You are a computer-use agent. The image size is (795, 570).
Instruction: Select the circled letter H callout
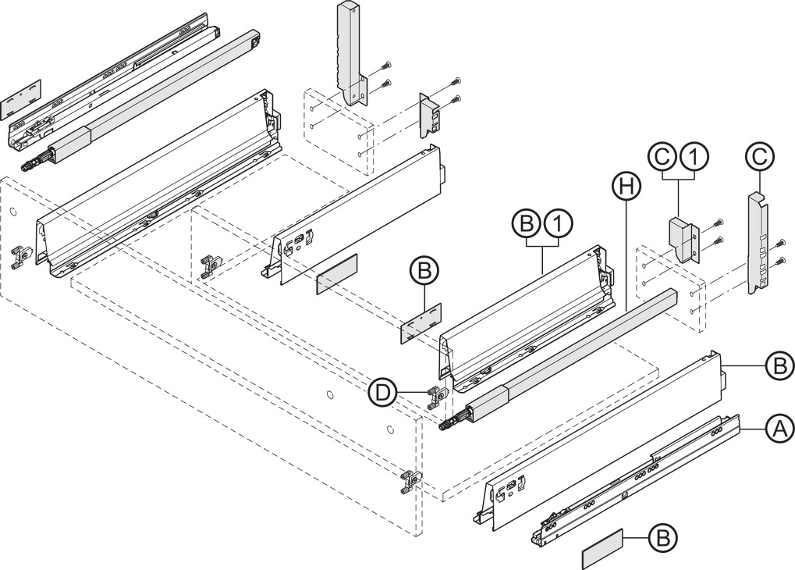626,187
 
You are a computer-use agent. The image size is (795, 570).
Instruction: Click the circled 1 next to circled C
695,158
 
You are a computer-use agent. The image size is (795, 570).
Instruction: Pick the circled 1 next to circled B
558,223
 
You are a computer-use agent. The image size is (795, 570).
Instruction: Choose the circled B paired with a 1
527,223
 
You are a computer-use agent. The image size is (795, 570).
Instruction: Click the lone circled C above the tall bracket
760,158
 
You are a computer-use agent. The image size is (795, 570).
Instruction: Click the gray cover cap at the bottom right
602,549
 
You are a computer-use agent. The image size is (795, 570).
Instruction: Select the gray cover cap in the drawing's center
337,273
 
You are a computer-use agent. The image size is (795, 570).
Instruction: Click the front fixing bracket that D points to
437,398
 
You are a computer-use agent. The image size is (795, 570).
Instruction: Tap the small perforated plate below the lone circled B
421,324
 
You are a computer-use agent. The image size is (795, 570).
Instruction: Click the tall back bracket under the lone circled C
758,241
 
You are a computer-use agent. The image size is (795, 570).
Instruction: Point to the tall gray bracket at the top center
350,53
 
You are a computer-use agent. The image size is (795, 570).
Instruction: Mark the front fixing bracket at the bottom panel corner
410,483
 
